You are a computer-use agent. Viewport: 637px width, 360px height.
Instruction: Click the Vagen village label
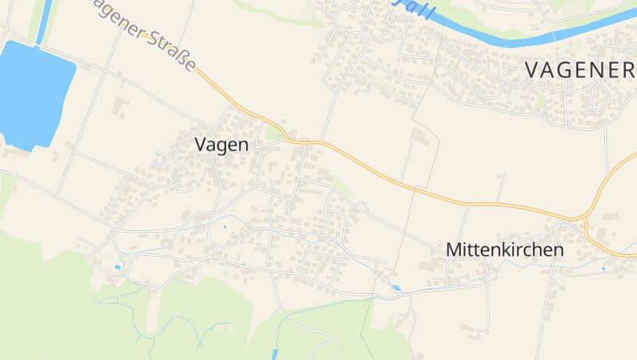221,145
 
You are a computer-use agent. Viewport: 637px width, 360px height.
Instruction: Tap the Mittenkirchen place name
505,249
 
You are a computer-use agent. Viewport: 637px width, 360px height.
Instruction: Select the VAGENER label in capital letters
578,70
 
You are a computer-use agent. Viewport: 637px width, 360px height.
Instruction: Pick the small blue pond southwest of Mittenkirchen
396,288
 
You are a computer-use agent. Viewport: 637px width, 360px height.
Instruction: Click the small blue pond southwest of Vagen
118,268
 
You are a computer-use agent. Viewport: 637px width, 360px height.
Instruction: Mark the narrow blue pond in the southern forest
276,354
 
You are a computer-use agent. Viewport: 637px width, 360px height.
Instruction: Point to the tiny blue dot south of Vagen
225,228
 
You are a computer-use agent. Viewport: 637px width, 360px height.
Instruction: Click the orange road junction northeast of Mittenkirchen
588,217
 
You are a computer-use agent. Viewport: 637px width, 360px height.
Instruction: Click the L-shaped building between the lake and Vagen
120,106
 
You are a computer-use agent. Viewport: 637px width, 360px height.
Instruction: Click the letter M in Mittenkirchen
454,249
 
